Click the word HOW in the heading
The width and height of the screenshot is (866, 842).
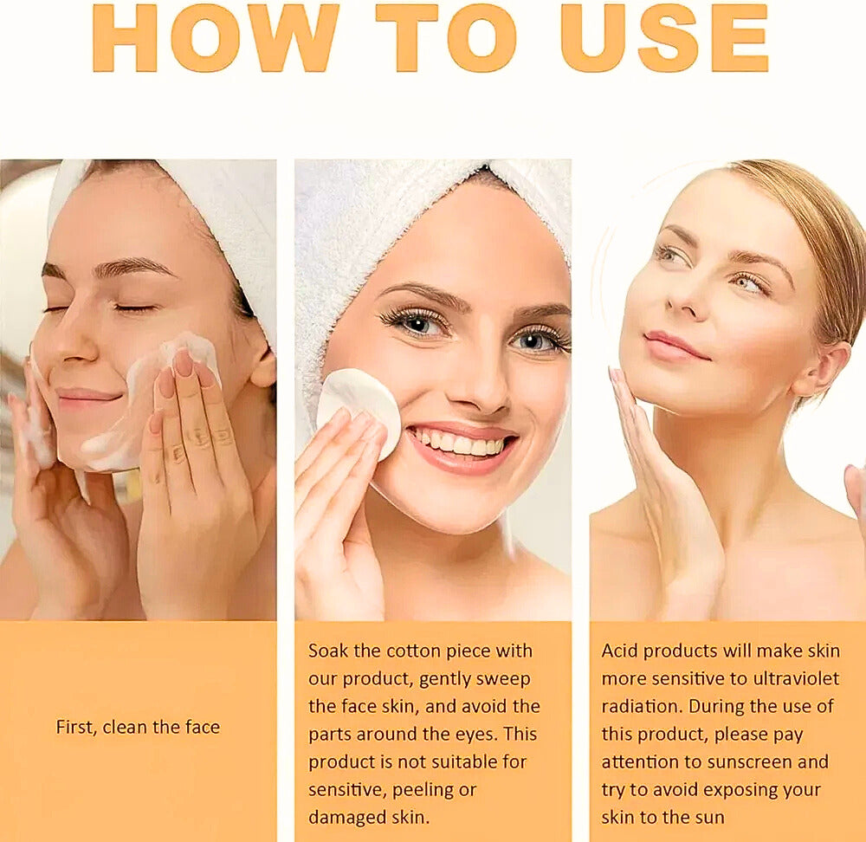click(x=216, y=37)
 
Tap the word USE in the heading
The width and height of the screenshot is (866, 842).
click(x=664, y=37)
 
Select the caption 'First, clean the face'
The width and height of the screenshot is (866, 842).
click(x=138, y=727)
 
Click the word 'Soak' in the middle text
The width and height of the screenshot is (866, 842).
click(x=328, y=651)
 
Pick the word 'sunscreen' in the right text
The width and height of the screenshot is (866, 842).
click(x=749, y=762)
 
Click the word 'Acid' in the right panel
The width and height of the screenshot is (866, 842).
click(x=620, y=651)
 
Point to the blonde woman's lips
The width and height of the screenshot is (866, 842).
click(x=675, y=347)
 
